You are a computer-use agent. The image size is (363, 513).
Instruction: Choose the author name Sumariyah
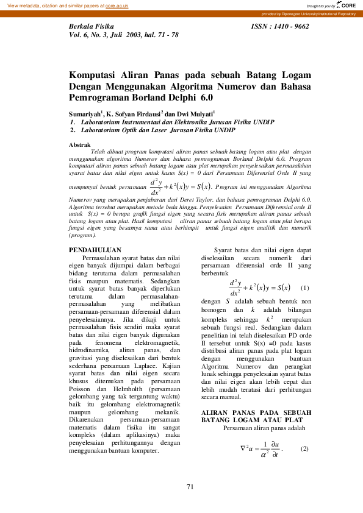[x=84, y=114]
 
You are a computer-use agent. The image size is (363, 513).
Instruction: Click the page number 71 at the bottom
[x=190, y=487]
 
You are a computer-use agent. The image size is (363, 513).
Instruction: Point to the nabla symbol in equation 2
[x=243, y=448]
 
